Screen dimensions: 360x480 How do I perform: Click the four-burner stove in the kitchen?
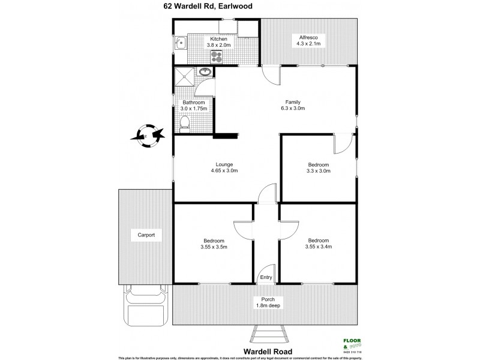(217, 57)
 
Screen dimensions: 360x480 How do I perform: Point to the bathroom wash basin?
(205, 72)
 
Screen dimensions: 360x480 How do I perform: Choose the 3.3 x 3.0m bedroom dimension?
(319, 172)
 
